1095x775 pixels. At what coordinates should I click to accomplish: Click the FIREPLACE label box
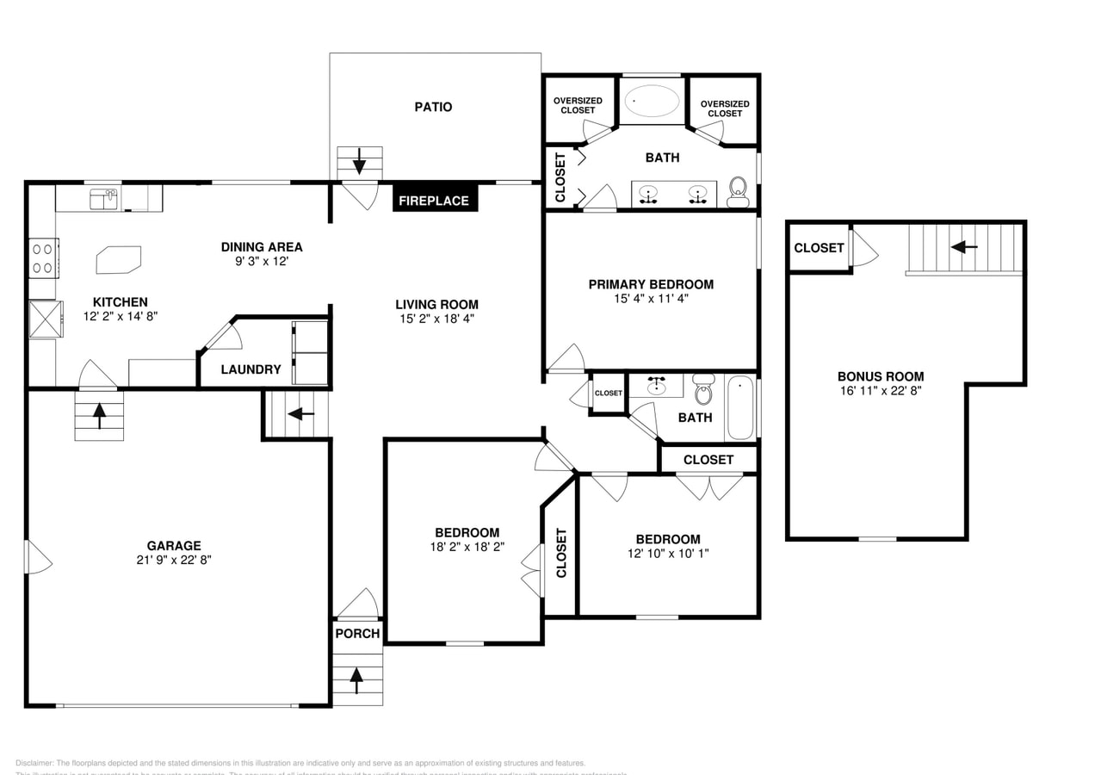[434, 201]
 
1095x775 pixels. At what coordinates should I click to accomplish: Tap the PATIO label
[433, 107]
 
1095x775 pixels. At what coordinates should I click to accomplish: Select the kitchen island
[118, 258]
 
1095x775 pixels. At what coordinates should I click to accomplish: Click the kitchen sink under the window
[104, 198]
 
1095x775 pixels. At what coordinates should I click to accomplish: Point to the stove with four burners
[43, 257]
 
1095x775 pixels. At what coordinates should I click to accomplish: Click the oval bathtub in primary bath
[652, 101]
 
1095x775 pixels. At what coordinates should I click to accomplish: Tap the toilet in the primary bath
[738, 193]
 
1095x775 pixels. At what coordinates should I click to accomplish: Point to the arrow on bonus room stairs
[964, 247]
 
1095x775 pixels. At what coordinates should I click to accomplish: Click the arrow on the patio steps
[359, 162]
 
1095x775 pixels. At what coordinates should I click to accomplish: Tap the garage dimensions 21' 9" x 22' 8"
[174, 560]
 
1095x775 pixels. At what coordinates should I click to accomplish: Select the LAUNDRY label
[251, 369]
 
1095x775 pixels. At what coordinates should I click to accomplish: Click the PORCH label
[357, 634]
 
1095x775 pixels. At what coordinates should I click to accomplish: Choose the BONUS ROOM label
[881, 376]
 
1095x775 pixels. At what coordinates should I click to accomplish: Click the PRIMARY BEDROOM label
[651, 284]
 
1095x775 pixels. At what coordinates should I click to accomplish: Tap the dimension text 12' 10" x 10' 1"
[668, 554]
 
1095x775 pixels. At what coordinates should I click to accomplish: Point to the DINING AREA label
[262, 247]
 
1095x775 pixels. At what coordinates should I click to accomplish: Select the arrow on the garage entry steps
[99, 416]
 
